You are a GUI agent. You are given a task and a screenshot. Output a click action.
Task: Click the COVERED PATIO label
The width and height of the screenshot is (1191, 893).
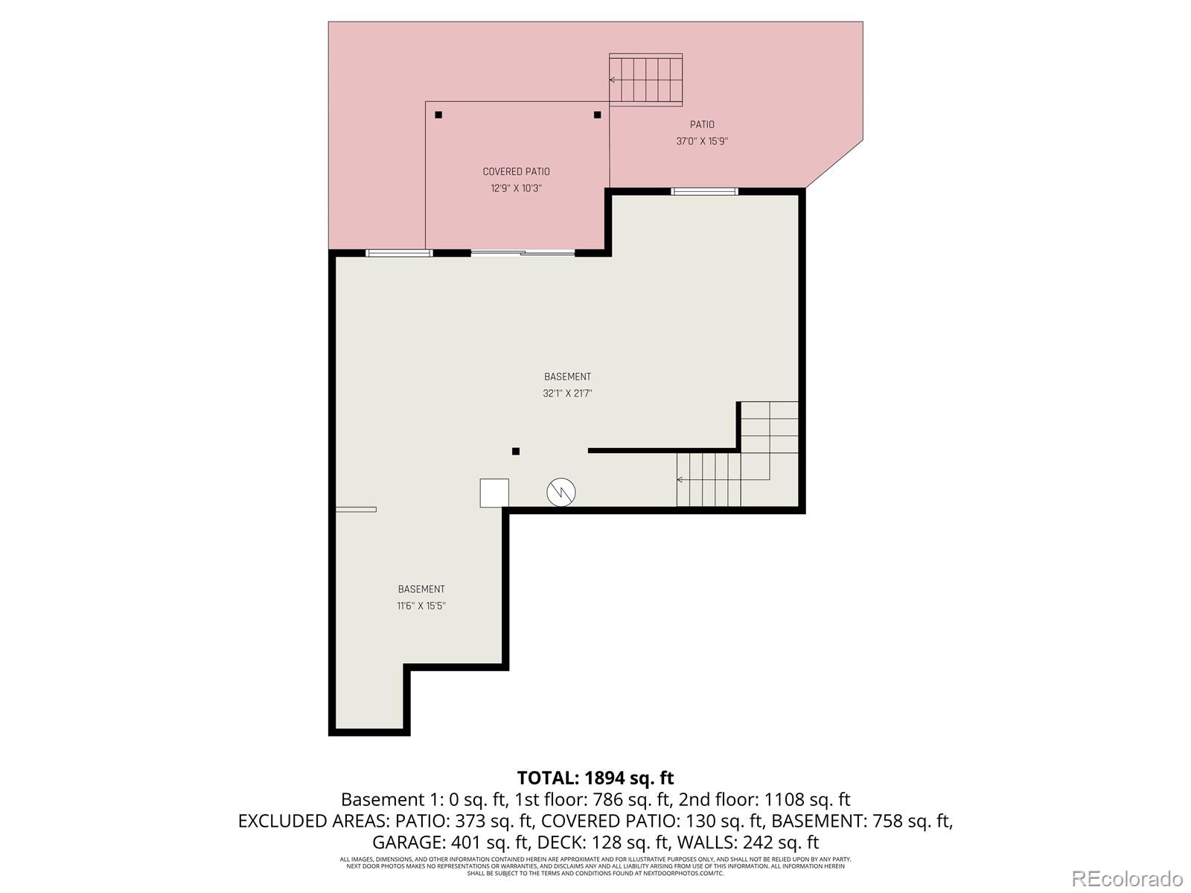(516, 172)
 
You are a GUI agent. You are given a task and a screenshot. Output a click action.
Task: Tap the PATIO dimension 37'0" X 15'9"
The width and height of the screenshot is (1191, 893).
(701, 141)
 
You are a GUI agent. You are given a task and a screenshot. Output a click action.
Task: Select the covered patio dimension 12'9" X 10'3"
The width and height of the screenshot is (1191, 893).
(516, 188)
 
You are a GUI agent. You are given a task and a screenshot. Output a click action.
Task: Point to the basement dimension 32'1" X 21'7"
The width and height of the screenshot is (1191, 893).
(567, 394)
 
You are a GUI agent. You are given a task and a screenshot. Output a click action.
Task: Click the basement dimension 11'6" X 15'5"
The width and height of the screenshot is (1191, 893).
(421, 606)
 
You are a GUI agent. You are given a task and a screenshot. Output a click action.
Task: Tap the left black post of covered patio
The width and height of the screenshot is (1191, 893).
(438, 115)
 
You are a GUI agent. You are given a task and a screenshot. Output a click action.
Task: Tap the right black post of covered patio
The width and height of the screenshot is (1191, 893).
(597, 115)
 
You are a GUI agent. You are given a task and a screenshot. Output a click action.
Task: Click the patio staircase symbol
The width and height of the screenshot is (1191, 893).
(646, 80)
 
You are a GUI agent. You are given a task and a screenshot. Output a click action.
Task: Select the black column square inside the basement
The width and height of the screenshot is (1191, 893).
(515, 451)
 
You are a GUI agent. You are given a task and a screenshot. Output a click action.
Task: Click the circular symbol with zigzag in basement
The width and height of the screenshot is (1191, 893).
(561, 492)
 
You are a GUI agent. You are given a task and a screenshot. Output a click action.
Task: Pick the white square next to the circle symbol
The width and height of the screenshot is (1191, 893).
(494, 493)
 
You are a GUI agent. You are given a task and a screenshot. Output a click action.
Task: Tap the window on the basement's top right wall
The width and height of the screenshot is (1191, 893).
(704, 191)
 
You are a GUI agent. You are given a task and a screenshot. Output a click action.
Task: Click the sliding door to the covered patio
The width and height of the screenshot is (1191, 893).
(523, 253)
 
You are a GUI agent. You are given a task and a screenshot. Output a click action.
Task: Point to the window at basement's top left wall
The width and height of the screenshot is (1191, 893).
(399, 253)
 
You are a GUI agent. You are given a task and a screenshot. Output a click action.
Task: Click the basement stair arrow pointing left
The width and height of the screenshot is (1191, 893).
(680, 480)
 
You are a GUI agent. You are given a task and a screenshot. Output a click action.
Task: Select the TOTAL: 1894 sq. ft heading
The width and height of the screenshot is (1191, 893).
(595, 778)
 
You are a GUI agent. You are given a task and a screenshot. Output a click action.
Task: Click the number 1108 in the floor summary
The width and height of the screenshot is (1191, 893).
(785, 799)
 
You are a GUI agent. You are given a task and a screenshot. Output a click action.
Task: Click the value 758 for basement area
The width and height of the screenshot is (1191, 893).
(892, 821)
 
